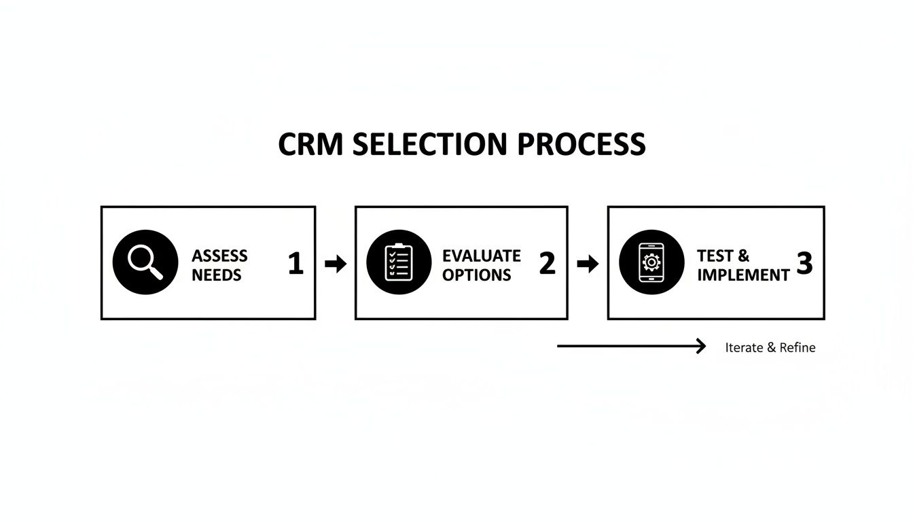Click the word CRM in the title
click(312, 144)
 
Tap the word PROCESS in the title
click(581, 144)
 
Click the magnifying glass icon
click(145, 262)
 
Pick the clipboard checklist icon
click(399, 262)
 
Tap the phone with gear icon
click(651, 262)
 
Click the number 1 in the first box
click(296, 264)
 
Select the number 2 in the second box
click(547, 264)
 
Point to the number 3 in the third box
click(804, 264)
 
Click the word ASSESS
click(219, 256)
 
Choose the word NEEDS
click(217, 275)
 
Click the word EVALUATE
click(481, 256)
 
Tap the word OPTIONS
click(476, 275)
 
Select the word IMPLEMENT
click(743, 275)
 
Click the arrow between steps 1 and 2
click(336, 264)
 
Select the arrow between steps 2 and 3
click(588, 264)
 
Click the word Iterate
click(744, 347)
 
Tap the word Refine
click(798, 347)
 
